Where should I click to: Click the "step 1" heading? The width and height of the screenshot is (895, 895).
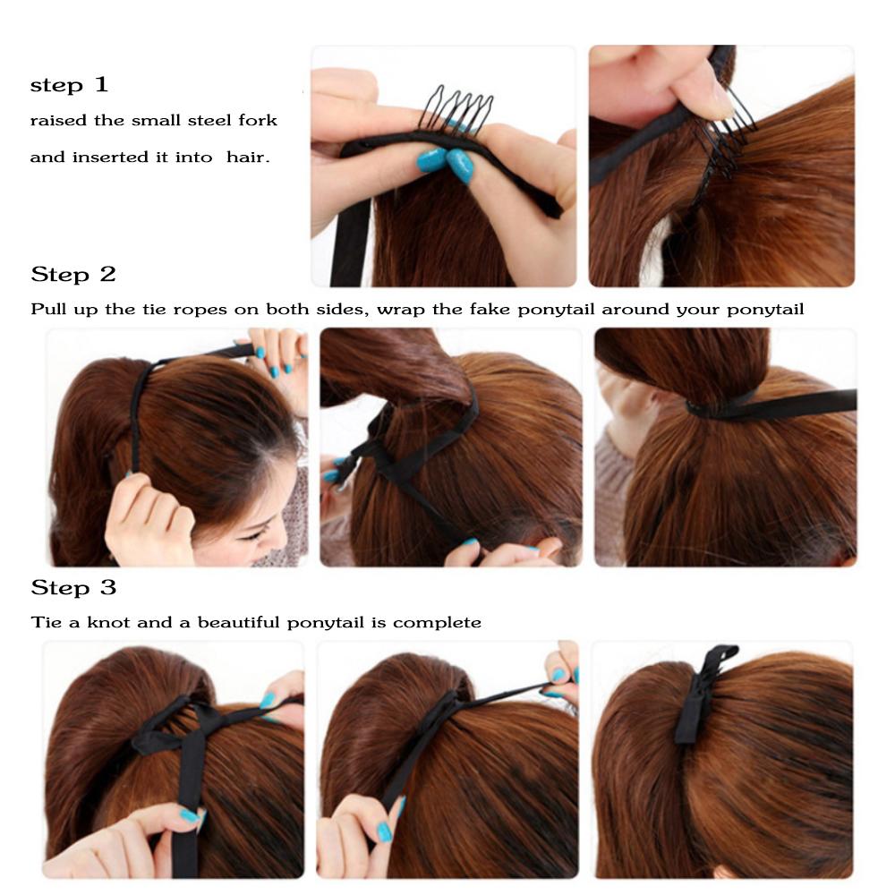point(69,86)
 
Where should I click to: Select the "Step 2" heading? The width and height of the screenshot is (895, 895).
point(73,274)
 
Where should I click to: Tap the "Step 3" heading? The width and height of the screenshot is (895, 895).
point(73,588)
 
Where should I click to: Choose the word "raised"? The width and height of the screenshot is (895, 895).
point(54,120)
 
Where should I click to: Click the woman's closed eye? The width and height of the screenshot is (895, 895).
point(253,534)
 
